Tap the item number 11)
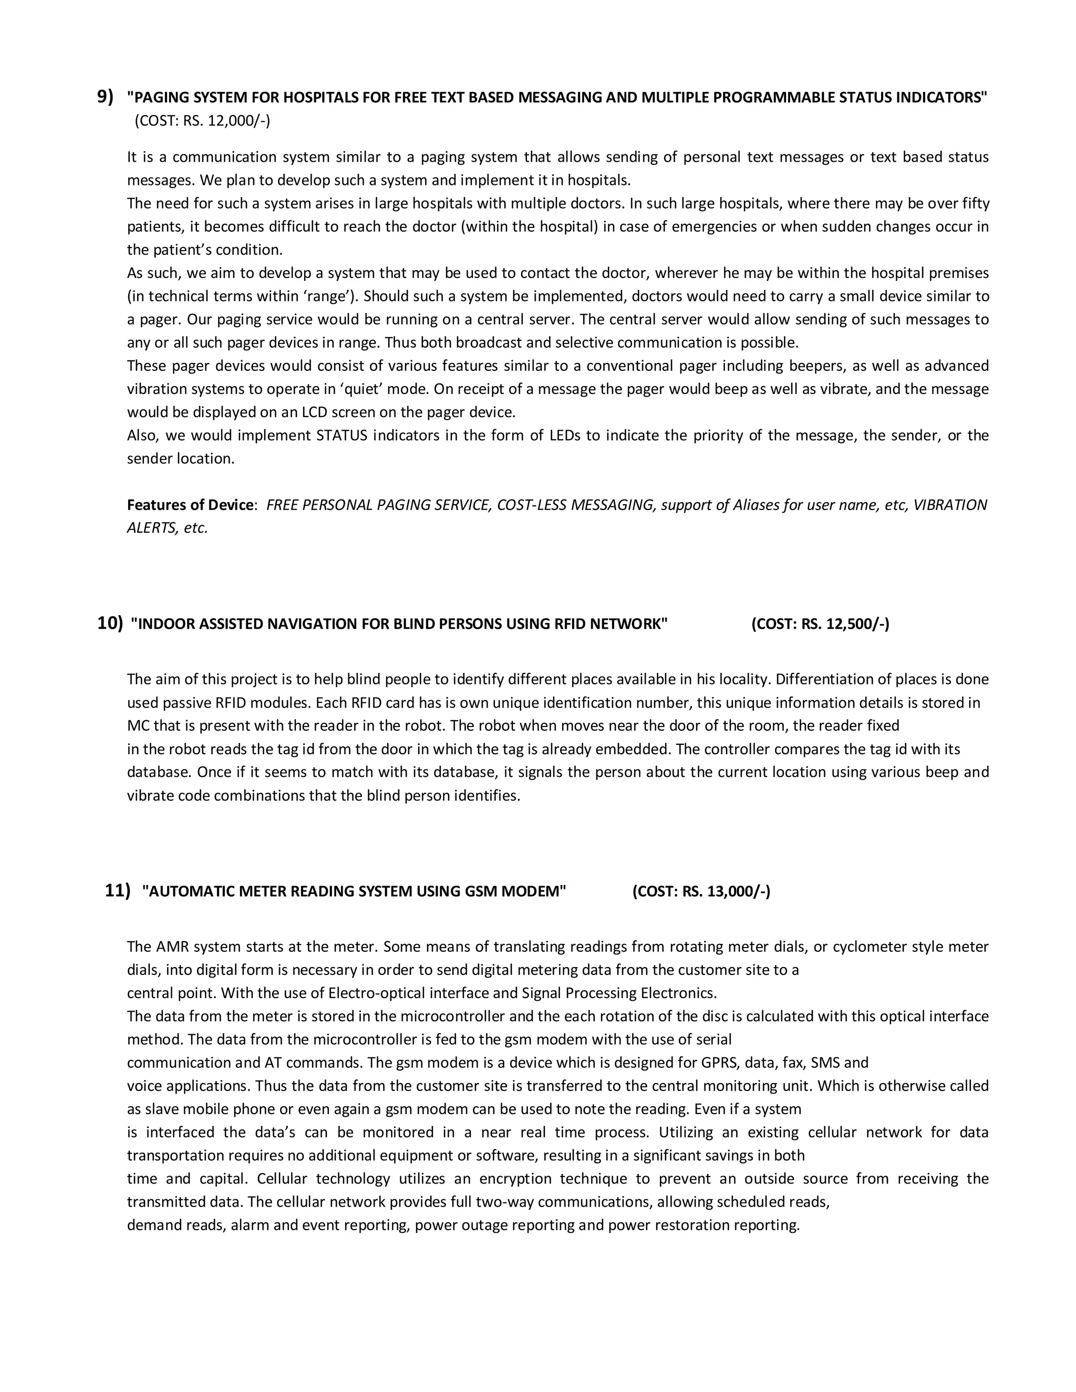click(x=117, y=890)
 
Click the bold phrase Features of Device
click(x=190, y=505)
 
